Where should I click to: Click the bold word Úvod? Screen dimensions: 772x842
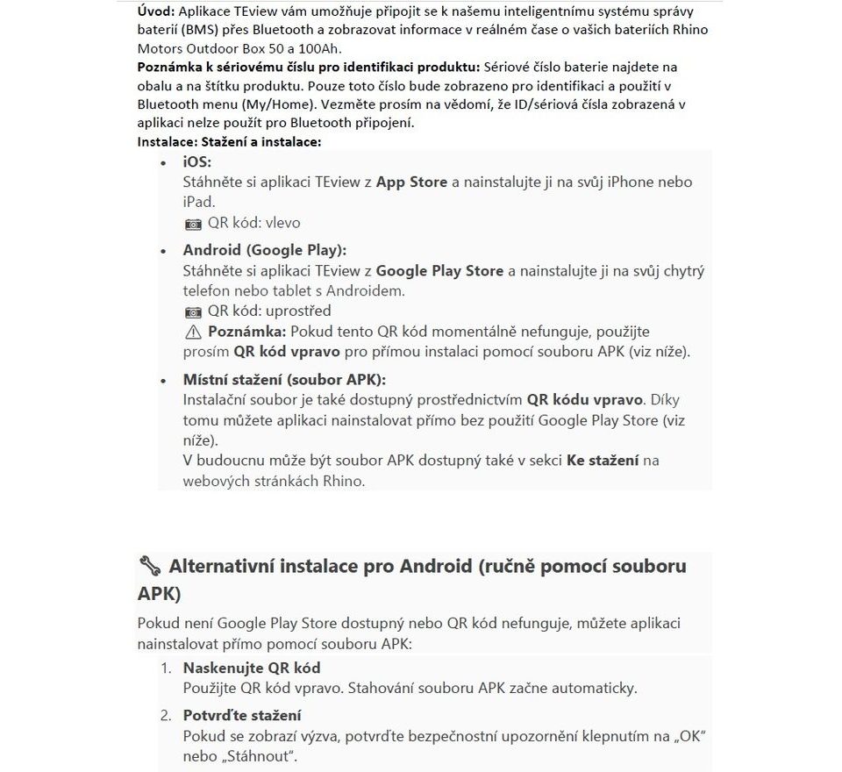point(156,12)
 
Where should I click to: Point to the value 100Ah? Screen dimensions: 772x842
point(321,47)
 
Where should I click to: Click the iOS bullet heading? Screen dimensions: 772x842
point(197,162)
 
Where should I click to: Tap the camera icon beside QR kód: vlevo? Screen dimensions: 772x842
point(193,224)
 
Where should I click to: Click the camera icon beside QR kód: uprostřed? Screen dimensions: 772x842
point(193,311)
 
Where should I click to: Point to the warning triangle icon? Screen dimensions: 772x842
point(193,332)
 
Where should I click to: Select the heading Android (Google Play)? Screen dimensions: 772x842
point(264,250)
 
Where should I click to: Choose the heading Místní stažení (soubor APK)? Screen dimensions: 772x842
point(284,379)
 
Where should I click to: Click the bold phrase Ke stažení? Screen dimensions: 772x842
point(603,461)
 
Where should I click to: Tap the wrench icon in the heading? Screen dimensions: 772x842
point(149,566)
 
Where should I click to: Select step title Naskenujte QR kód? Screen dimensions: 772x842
point(251,668)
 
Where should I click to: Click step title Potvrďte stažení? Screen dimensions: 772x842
point(241,715)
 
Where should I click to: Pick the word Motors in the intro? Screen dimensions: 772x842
point(162,47)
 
